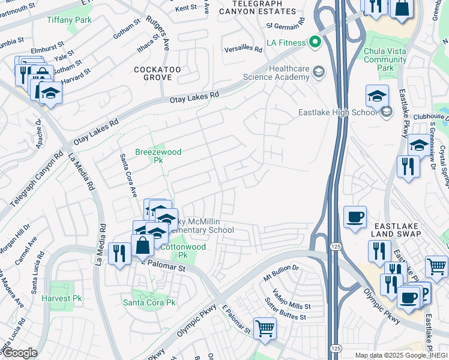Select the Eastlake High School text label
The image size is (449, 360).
tap(338, 112)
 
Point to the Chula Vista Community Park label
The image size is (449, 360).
tap(385, 59)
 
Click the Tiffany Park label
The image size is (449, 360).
tap(69, 20)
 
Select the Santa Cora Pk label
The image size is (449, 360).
tap(149, 302)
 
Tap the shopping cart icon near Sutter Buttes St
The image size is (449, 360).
tap(265, 328)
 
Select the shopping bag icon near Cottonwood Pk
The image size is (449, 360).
tap(143, 245)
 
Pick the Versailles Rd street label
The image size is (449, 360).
tap(243, 49)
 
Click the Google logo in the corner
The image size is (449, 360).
tap(19, 353)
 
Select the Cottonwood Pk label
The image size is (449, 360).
tap(182, 251)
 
